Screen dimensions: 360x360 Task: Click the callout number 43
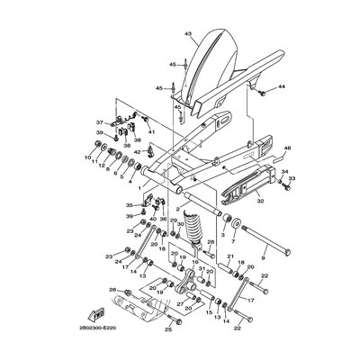188,33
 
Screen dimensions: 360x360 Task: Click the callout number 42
137,151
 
